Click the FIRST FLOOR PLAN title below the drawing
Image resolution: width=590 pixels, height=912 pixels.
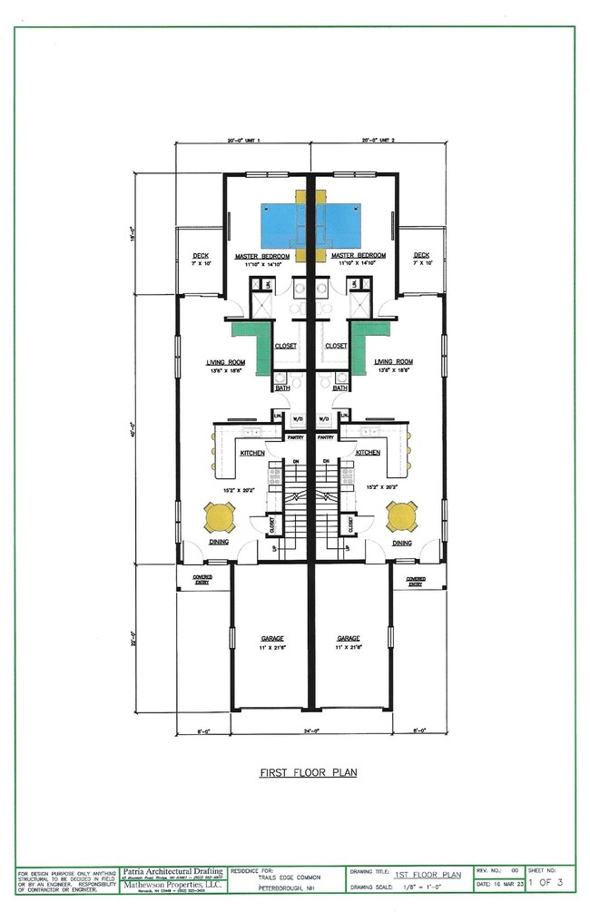(x=309, y=772)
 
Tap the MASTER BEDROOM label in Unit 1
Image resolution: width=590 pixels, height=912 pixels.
(x=261, y=256)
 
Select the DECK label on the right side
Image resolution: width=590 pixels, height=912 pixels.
(x=421, y=256)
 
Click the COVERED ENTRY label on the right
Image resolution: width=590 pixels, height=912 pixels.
(x=416, y=581)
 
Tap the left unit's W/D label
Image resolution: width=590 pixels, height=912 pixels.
(x=297, y=419)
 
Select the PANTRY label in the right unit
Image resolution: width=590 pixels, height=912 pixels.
(x=326, y=437)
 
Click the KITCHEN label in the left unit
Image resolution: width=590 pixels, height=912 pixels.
(x=251, y=452)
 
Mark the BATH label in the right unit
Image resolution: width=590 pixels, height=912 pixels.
(x=340, y=388)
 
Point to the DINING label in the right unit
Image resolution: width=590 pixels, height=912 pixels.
(x=402, y=543)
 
